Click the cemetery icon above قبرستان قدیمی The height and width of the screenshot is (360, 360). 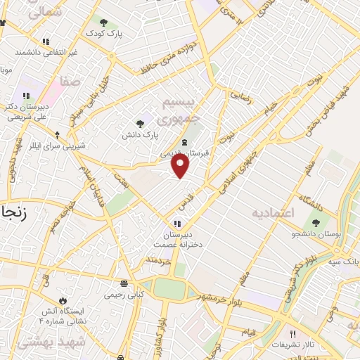click(184, 143)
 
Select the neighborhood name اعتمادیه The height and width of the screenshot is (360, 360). click(275, 211)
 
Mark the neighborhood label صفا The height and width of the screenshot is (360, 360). click(69, 82)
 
